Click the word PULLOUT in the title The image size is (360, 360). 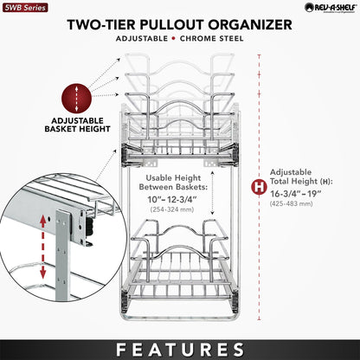pos(188,23)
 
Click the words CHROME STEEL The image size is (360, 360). pos(215,40)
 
